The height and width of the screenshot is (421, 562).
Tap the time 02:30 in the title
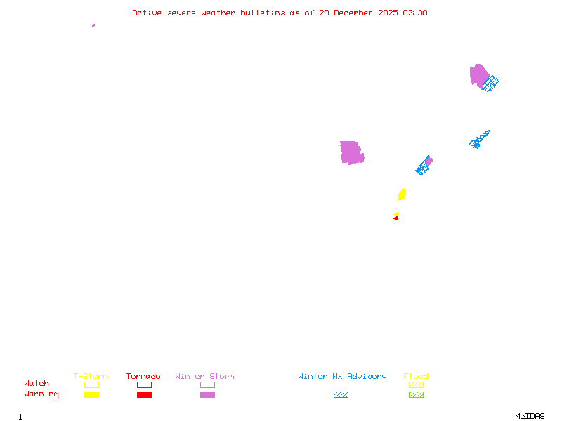click(414, 13)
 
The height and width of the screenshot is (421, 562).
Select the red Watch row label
click(37, 384)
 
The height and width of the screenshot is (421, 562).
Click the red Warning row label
click(41, 394)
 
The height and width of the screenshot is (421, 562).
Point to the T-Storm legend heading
click(91, 377)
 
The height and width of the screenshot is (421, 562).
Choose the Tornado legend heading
click(143, 377)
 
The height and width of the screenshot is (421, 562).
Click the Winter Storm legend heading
click(204, 377)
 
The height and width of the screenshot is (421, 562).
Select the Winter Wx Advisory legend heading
click(342, 377)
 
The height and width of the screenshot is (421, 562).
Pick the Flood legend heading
click(416, 377)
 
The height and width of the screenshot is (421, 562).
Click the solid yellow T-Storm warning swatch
click(91, 394)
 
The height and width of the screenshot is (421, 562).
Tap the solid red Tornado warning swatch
click(144, 394)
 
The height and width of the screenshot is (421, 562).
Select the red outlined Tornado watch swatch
click(144, 385)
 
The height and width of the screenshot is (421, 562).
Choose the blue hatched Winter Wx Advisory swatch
click(341, 394)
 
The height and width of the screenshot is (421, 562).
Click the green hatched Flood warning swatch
click(416, 394)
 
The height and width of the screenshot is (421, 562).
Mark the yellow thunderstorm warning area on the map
click(402, 194)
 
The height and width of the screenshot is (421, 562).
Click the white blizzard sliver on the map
click(363, 148)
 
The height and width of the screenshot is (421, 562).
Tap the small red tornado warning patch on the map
click(396, 218)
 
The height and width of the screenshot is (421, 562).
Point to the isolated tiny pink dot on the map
click(93, 25)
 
